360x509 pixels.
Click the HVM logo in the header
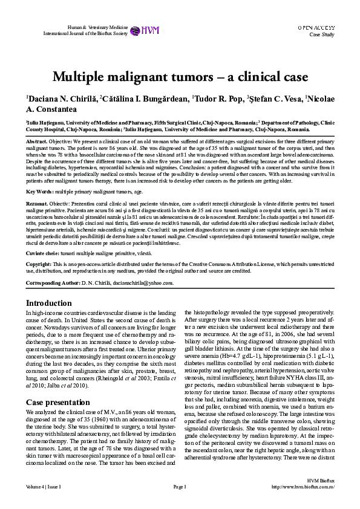pyautogui.click(x=140, y=30)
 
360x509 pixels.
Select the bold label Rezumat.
pyautogui.click(x=36, y=204)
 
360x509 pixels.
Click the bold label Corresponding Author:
pyautogui.click(x=52, y=283)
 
